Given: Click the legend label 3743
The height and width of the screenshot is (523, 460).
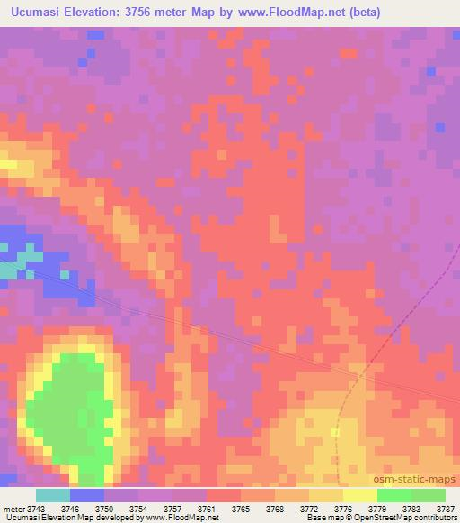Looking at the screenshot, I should (x=43, y=509).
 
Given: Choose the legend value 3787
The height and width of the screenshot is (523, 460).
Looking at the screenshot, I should (x=446, y=509).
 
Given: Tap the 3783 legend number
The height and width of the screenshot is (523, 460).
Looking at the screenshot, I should (x=411, y=509).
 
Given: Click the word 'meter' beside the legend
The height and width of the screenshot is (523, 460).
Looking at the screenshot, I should (x=14, y=509).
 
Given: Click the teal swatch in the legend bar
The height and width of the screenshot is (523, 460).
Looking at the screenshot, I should (x=53, y=495).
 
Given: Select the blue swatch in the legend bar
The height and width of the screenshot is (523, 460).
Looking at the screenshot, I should (x=87, y=495).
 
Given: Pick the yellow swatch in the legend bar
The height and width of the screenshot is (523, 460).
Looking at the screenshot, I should (x=360, y=495).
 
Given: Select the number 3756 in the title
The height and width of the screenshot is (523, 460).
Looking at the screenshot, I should (x=152, y=13).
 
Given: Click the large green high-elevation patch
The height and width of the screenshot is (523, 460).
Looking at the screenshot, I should (x=75, y=404).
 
